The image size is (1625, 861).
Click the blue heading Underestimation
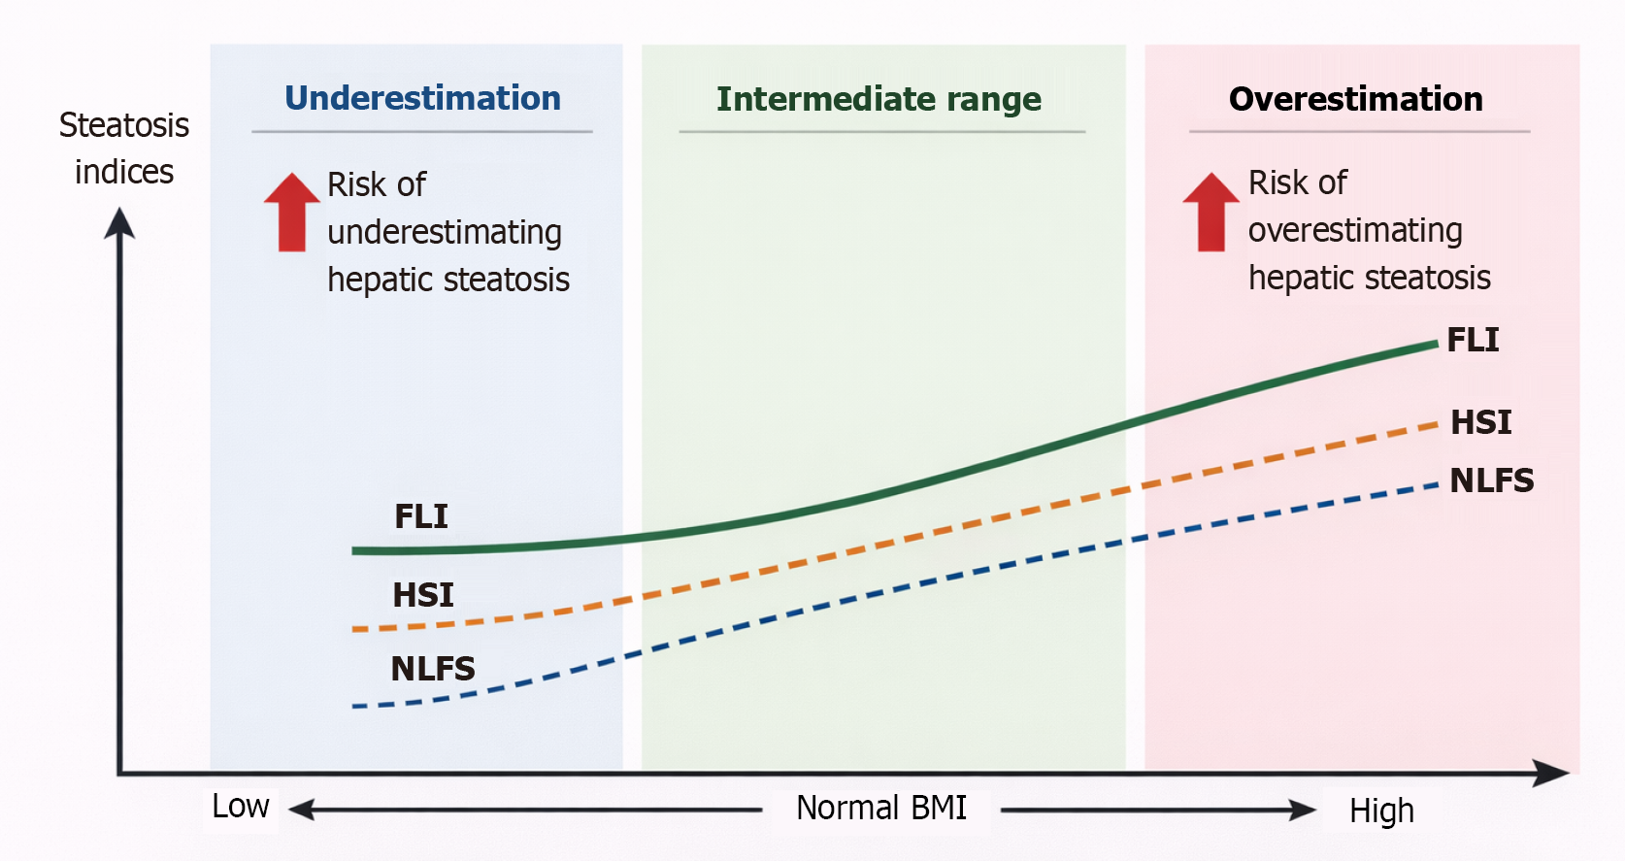(x=423, y=99)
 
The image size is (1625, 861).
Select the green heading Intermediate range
(x=879, y=99)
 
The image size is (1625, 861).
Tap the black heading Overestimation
(x=1356, y=99)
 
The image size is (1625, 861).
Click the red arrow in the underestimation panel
(x=291, y=212)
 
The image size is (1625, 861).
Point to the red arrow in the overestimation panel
(x=1210, y=212)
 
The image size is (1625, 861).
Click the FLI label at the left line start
(x=420, y=516)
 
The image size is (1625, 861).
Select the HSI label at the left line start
(x=423, y=595)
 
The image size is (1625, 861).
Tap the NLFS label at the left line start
(x=433, y=669)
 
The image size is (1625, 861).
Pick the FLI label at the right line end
(x=1473, y=340)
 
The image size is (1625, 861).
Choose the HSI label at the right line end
(x=1481, y=422)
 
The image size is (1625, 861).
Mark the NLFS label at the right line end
(x=1491, y=480)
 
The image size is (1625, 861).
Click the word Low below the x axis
(x=240, y=807)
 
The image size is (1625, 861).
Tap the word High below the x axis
(x=1382, y=811)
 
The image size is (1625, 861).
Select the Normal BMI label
(x=881, y=808)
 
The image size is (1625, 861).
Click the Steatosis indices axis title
(x=124, y=149)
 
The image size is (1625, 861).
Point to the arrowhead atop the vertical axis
(x=119, y=222)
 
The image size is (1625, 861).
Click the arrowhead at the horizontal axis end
(x=1552, y=773)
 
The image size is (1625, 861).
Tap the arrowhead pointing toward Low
(x=302, y=810)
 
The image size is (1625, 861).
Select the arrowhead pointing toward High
(x=1303, y=810)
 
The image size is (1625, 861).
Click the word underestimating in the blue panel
(x=445, y=233)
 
